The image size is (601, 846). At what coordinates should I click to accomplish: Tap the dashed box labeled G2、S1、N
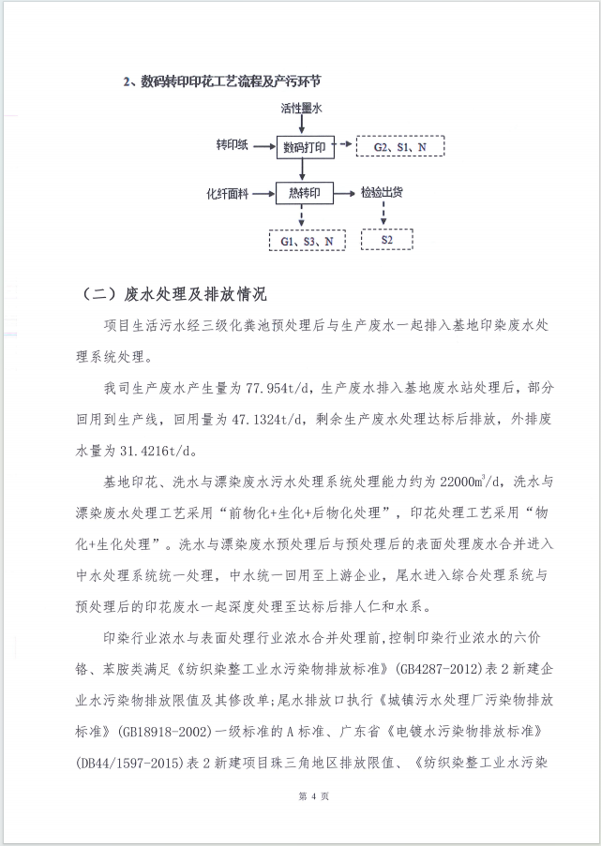tap(400, 147)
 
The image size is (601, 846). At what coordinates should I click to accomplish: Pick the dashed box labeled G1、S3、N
tap(307, 241)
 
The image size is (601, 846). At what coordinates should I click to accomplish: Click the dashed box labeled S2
tap(386, 241)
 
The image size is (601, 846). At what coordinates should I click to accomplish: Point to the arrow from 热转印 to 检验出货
tap(345, 193)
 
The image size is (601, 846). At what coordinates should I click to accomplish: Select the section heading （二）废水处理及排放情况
tap(173, 295)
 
